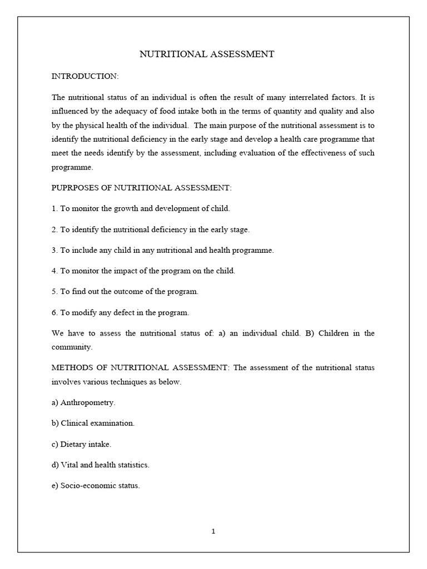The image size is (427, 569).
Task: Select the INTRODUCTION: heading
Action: pos(85,76)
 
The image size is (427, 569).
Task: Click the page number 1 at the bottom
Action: pos(213,531)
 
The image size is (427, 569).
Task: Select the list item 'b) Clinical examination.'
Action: pos(93,423)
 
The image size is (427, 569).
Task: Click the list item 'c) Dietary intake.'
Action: pos(81,444)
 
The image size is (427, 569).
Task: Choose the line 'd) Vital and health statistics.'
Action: pos(101,465)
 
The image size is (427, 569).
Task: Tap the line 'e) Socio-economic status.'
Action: pos(96,486)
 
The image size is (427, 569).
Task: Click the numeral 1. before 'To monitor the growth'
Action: pos(54,208)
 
